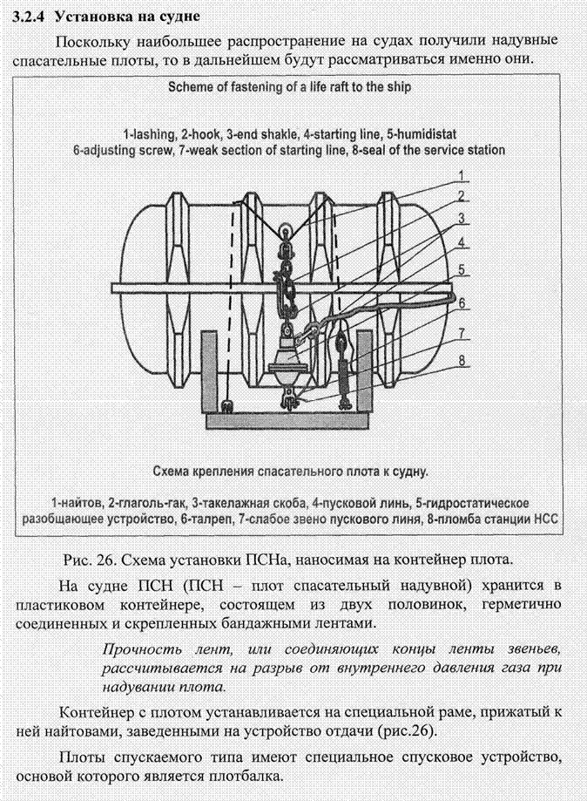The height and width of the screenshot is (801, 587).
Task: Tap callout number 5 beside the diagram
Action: point(463,269)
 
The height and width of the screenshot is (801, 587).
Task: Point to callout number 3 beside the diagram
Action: point(463,218)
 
